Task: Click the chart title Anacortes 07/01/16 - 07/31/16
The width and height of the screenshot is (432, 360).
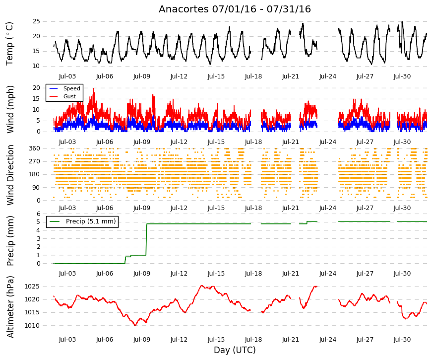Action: (235, 9)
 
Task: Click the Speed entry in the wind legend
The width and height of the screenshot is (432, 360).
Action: (71, 88)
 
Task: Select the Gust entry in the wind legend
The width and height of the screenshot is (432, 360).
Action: (69, 96)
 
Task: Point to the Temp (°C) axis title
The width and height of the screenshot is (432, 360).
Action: (9, 44)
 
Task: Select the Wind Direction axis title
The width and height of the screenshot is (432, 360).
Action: (10, 175)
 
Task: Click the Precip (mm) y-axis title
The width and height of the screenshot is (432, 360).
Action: (10, 241)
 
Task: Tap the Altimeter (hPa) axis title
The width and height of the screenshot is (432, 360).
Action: (10, 306)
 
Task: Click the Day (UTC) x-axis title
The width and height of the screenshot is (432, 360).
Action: (235, 350)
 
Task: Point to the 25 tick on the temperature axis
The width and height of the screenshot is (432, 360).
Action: (36, 21)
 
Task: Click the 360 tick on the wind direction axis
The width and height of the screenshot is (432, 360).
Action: (34, 148)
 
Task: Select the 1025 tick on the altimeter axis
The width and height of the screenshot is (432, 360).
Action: (32, 287)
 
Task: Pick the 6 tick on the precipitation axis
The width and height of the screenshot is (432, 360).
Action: (38, 214)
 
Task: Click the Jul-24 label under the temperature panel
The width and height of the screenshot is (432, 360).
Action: (328, 76)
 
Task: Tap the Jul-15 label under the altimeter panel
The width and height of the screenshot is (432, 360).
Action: (216, 340)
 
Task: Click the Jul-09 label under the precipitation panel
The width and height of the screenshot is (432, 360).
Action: (142, 274)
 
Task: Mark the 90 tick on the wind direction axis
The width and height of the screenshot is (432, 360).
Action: (36, 188)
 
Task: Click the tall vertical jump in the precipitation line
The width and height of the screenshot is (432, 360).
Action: (146, 239)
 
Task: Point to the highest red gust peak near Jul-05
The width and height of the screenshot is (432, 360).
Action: (93, 88)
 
